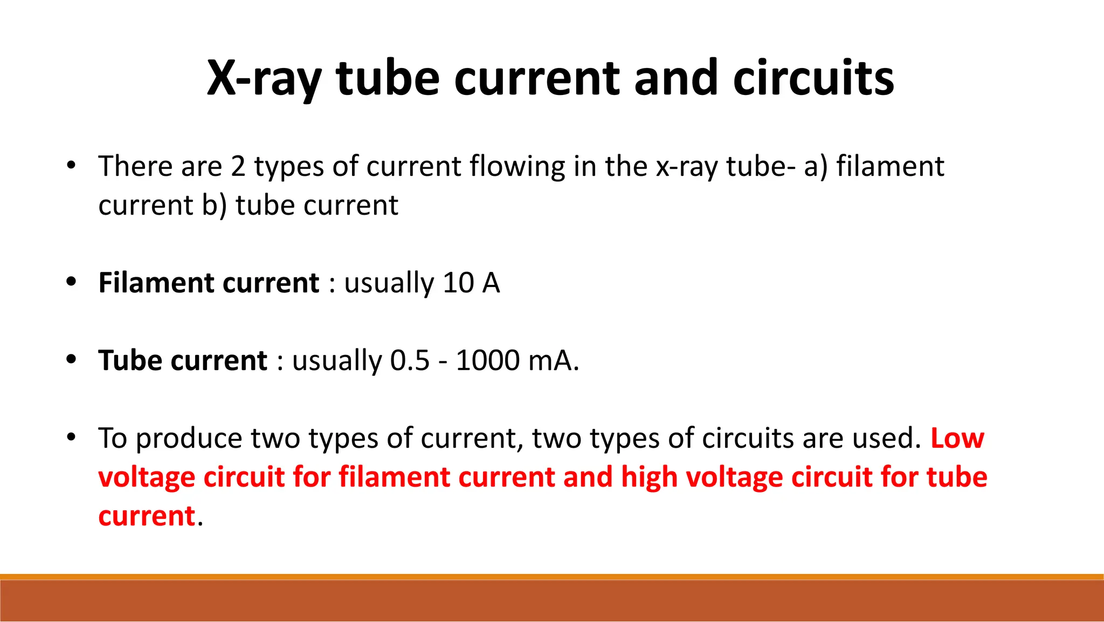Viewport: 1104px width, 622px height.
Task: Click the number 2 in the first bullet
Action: coord(238,166)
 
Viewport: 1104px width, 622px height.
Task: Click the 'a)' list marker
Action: coord(815,166)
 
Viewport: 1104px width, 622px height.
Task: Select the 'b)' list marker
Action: coord(215,206)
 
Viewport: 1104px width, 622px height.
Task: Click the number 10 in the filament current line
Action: coord(458,283)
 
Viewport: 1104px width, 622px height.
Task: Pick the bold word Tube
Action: coord(130,360)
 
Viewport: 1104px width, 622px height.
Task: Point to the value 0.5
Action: coord(410,360)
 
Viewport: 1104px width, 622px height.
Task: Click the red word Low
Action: coord(957,438)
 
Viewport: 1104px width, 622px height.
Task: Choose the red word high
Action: coord(649,477)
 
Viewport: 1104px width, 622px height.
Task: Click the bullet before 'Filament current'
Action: coord(71,282)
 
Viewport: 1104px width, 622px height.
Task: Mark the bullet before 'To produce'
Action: coord(71,438)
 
